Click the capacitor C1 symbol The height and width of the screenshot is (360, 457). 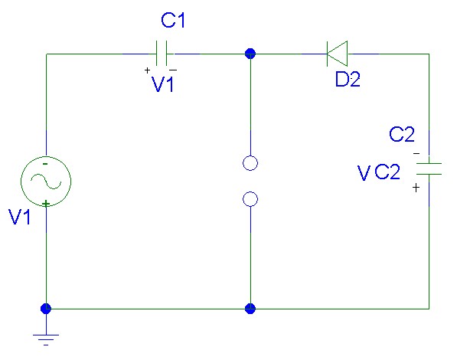[162, 54]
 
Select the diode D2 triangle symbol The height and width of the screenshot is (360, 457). [338, 54]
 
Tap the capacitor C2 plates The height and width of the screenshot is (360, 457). [429, 169]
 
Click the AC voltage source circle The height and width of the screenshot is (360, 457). [46, 182]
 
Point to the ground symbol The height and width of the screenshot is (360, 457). [46, 339]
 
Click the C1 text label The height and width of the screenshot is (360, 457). [173, 21]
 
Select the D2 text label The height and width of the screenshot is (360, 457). [348, 79]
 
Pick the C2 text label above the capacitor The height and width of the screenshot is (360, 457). [402, 134]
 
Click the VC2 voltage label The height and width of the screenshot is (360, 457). [379, 172]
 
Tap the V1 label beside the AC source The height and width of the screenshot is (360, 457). [20, 217]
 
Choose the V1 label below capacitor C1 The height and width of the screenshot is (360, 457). [162, 84]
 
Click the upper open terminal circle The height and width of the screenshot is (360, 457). [250, 163]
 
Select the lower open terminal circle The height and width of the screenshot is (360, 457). [250, 199]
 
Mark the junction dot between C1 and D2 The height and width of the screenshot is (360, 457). [250, 54]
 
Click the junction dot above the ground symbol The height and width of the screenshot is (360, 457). [46, 309]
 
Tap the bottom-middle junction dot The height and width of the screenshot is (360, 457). [250, 309]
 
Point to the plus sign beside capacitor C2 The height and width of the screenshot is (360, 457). [416, 188]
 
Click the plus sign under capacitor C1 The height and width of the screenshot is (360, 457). [147, 70]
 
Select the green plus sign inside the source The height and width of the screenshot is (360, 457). [45, 203]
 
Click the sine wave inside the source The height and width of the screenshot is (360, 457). [46, 182]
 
